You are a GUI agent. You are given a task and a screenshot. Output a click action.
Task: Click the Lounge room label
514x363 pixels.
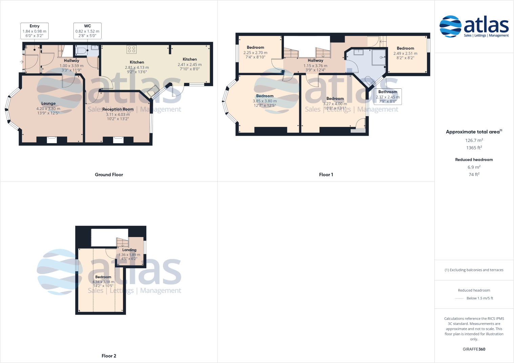tap(48, 103)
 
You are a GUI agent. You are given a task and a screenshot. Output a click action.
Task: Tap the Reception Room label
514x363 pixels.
tap(118, 109)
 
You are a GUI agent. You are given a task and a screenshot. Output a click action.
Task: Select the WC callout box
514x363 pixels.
tap(87, 31)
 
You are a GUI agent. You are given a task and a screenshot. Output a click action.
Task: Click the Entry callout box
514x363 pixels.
tap(35, 31)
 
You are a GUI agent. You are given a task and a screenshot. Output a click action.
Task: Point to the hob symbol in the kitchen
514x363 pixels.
tap(131, 49)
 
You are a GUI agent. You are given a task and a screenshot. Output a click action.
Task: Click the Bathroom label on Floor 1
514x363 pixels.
tap(388, 92)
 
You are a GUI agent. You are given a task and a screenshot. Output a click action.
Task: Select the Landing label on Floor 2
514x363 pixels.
tap(129, 250)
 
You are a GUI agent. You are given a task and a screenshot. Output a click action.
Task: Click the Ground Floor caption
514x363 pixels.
tap(109, 175)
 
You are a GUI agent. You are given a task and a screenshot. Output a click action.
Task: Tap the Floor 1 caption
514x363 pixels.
tap(326, 175)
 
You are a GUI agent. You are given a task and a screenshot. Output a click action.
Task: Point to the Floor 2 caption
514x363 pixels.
tap(109, 356)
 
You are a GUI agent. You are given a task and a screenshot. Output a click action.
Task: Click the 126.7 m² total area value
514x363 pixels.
tap(474, 140)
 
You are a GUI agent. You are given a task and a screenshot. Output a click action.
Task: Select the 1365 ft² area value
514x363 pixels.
tap(474, 148)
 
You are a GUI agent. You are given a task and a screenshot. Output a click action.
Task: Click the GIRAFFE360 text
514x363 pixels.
tap(474, 349)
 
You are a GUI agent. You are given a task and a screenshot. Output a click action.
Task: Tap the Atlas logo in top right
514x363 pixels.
tap(474, 26)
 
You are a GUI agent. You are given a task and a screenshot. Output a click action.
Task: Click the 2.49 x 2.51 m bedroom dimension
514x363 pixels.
tap(405, 54)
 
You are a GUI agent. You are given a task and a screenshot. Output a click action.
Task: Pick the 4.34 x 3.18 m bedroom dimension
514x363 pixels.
tap(103, 282)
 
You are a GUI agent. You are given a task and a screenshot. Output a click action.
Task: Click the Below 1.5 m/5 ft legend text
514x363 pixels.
tap(480, 298)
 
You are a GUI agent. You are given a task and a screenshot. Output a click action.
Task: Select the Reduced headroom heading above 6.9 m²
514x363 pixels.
tap(474, 159)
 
